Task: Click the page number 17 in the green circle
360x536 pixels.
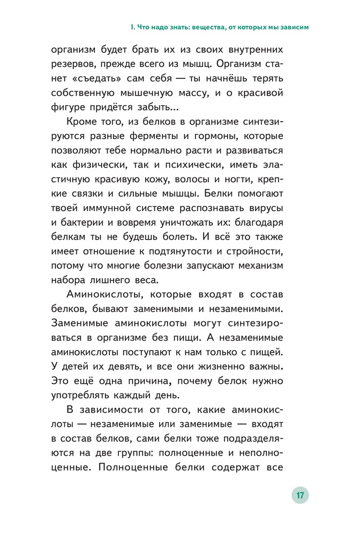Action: (300, 495)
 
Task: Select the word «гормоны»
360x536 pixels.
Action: (232, 135)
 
